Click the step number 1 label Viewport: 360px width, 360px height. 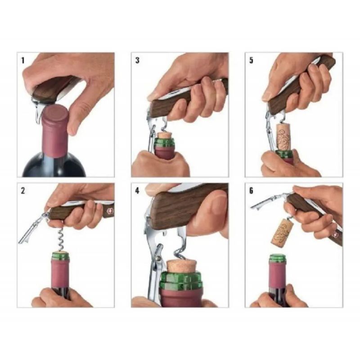point(23,61)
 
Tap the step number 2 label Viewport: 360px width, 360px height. point(23,191)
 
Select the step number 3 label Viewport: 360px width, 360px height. point(137,60)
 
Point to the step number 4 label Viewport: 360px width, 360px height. point(137,191)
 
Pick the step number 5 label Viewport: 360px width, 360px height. point(252,60)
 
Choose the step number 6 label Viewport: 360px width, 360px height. point(252,191)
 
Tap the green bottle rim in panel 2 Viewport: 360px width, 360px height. point(60,256)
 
